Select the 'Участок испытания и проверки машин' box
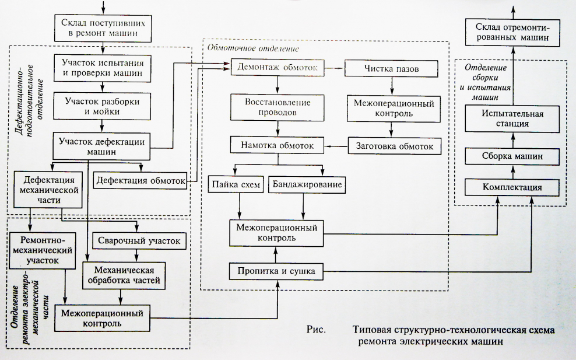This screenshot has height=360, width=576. pos(103,68)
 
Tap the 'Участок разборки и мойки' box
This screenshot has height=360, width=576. pos(103,106)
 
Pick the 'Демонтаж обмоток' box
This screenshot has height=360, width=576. pos(278,68)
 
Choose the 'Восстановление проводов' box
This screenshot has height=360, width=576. pos(278,106)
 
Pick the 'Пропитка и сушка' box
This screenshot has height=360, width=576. pos(276,271)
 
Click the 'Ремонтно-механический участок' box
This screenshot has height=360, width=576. pos(43,250)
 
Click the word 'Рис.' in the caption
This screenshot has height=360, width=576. pos(315,329)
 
